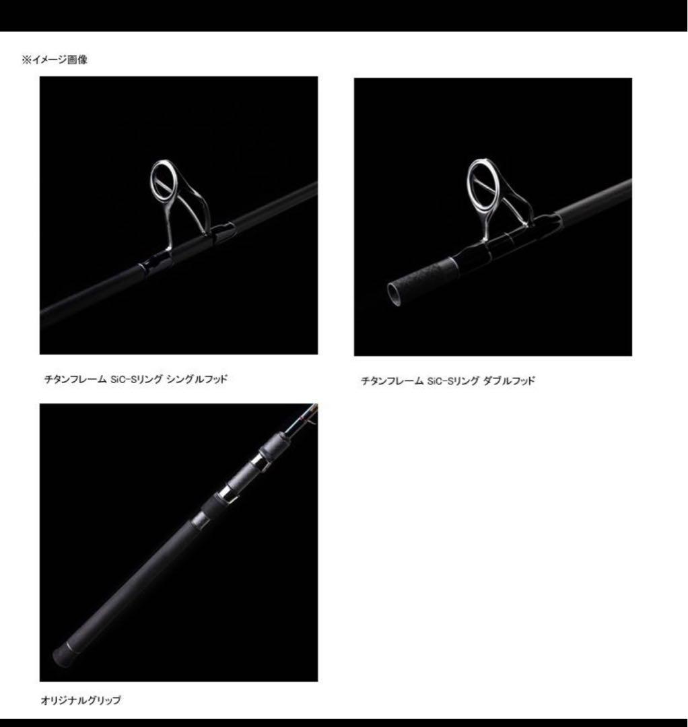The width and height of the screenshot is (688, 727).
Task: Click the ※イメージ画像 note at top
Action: (55, 59)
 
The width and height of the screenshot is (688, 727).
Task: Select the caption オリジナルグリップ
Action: (81, 700)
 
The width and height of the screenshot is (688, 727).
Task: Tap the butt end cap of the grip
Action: (61, 655)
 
